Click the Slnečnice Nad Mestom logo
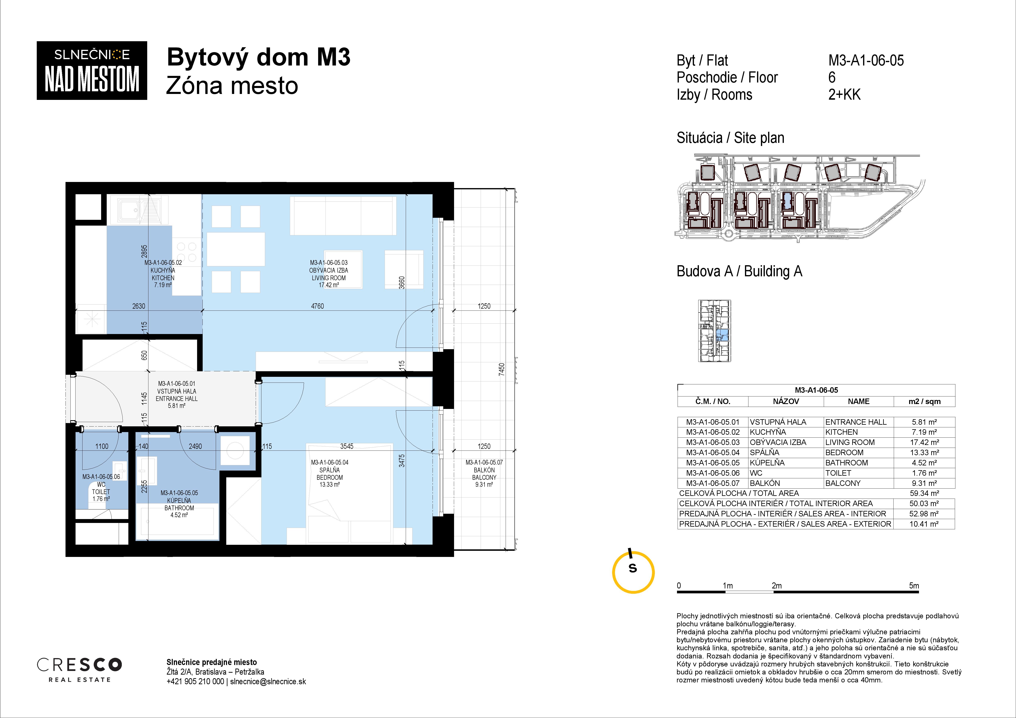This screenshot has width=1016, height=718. (92, 70)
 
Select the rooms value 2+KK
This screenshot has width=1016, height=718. (844, 94)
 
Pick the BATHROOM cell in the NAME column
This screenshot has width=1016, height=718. (846, 463)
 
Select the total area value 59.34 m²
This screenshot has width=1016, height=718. (924, 493)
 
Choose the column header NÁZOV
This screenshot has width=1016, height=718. (786, 401)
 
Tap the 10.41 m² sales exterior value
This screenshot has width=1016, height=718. (924, 524)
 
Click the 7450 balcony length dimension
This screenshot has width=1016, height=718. (501, 369)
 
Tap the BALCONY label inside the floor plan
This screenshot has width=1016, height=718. (484, 477)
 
